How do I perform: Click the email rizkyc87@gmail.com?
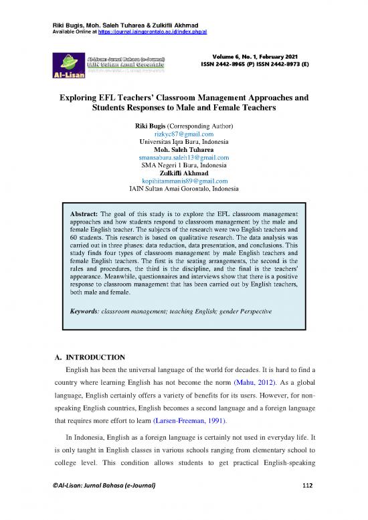(184, 134)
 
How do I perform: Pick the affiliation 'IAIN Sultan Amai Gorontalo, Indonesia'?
(184, 189)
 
